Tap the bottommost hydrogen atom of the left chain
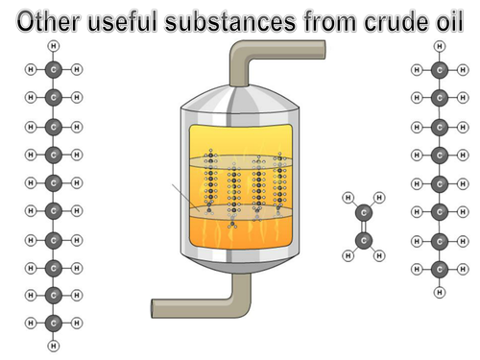pos(54,345)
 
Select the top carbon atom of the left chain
pos(54,69)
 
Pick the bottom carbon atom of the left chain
pos(54,324)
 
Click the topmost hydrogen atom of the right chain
pos(440,45)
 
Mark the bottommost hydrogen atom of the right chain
pos(440,291)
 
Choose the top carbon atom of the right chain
pos(440,69)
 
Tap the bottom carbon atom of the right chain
pos(440,268)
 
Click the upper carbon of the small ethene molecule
pos(363,213)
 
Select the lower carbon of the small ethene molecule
pos(363,240)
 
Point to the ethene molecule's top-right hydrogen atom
pos(379,198)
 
